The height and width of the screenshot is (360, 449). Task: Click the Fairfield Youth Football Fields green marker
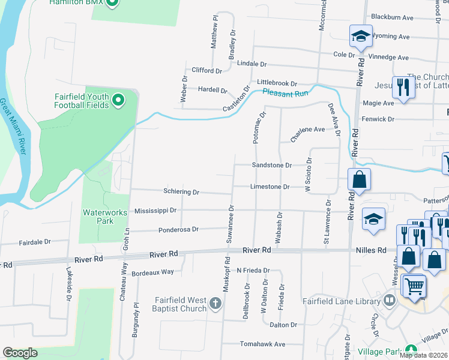(118, 99)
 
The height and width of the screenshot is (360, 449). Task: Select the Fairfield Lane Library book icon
(390, 299)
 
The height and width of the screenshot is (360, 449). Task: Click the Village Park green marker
(411, 350)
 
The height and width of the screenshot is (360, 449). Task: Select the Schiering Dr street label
(181, 192)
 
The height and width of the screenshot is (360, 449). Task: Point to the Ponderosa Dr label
(178, 229)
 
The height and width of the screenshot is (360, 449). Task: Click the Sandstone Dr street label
(272, 165)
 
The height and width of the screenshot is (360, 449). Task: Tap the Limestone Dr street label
(270, 187)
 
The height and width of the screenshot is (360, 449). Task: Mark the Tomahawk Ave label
(263, 344)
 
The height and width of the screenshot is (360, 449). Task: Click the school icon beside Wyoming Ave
(361, 36)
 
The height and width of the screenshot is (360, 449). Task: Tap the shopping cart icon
(414, 286)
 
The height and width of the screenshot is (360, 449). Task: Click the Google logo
(20, 353)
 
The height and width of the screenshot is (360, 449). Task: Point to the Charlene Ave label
(307, 133)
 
